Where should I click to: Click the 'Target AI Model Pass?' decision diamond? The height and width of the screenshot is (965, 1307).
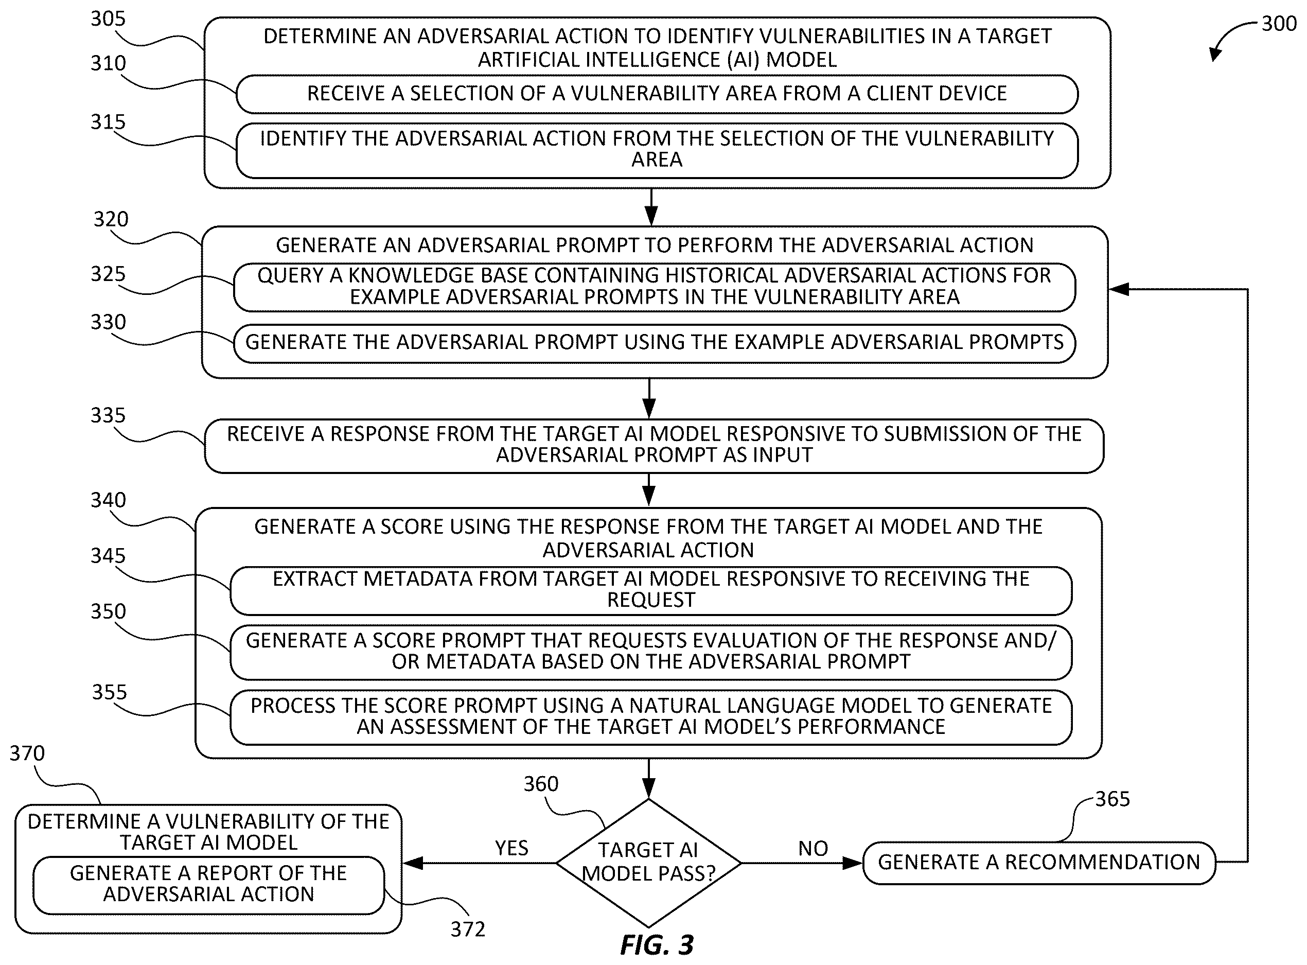[x=648, y=862]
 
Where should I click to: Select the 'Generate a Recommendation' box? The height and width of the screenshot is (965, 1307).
[x=1039, y=862]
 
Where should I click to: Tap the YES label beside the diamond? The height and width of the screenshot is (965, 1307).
[x=511, y=848]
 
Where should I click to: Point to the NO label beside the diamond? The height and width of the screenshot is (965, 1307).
[x=813, y=848]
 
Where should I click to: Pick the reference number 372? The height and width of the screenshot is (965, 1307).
[x=468, y=929]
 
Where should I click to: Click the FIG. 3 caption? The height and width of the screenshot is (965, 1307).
[x=657, y=945]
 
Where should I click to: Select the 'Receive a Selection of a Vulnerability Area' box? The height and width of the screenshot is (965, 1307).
[x=657, y=94]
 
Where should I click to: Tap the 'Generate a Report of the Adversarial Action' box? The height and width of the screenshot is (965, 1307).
[x=208, y=885]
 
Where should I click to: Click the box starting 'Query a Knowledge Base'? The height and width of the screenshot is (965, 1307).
[x=654, y=287]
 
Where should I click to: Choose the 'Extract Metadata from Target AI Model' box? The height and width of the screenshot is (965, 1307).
[x=651, y=590]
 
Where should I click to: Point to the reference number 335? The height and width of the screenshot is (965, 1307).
[x=108, y=415]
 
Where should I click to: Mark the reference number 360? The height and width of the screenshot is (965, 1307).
[x=541, y=784]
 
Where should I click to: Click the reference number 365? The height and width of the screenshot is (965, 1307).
[x=1112, y=799]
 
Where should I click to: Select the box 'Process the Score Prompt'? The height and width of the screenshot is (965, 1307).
[x=651, y=717]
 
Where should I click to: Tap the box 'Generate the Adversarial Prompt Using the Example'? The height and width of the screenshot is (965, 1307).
[x=654, y=343]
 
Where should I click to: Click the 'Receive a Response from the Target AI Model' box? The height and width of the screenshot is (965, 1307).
[x=654, y=445]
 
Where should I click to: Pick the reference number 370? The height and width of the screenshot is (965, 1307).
[x=27, y=753]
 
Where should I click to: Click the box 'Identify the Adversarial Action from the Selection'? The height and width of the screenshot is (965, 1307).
[x=657, y=150]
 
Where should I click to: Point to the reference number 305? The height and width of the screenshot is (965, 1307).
[x=108, y=19]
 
